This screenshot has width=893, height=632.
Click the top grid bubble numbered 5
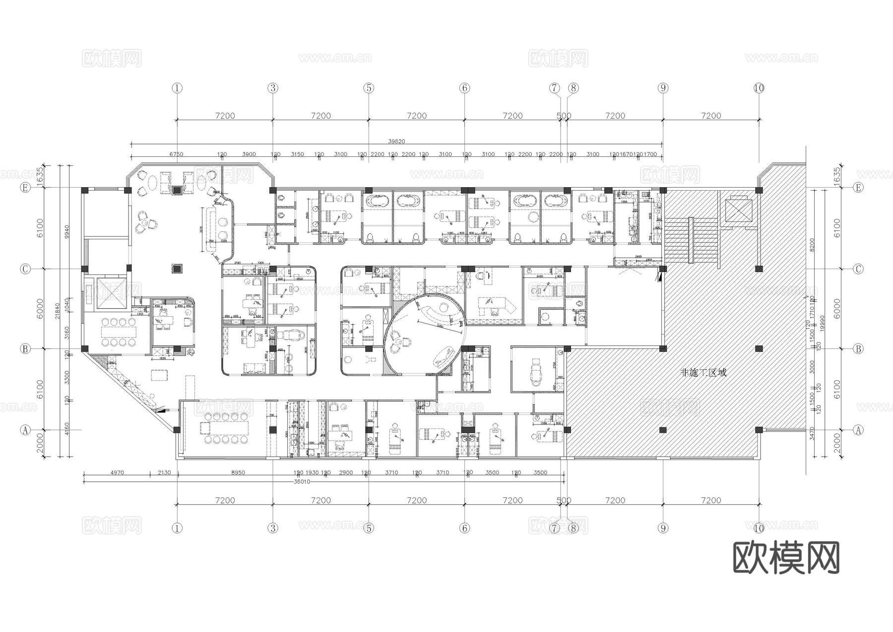coord(368,88)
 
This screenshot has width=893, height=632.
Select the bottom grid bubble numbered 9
coord(663,528)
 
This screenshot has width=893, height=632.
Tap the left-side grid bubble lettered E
coord(25,188)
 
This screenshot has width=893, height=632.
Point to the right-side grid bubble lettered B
coord(858,349)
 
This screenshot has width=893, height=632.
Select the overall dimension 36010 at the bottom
coord(302,482)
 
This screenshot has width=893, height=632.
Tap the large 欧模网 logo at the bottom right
coord(786,558)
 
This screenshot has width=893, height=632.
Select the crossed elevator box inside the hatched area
coord(738,210)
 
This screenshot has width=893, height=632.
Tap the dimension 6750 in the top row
coord(176,154)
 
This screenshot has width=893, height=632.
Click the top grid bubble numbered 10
coord(759,88)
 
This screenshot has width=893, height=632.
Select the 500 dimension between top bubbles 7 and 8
coord(564,116)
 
